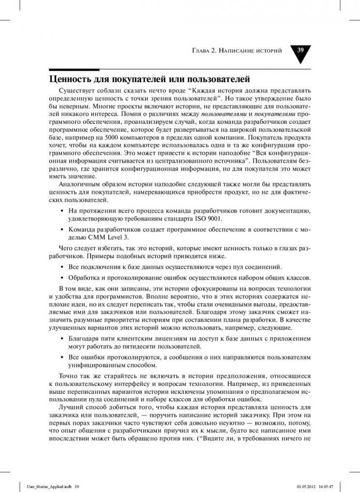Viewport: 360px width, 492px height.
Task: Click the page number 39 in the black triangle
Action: (300, 51)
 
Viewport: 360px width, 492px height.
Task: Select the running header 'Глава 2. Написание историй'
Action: (236, 51)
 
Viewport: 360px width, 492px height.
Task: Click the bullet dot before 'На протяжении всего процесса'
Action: (61, 211)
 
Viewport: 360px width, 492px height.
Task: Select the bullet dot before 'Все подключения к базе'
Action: (61, 266)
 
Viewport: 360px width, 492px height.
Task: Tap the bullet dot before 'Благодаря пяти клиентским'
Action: (61, 339)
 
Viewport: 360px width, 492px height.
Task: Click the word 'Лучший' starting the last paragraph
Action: (69, 407)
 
